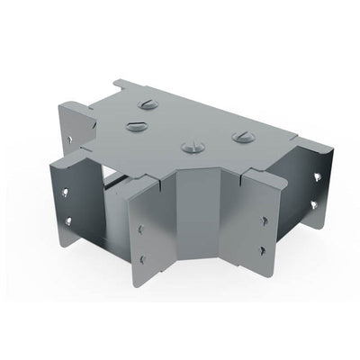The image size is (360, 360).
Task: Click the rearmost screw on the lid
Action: tap(151, 104)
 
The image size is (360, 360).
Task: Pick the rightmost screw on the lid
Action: tap(239, 136)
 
